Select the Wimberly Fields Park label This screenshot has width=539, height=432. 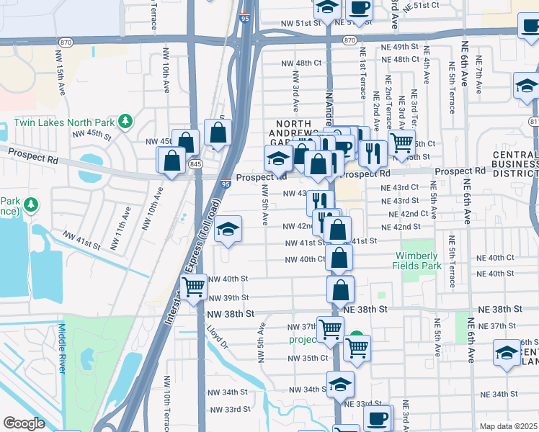tap(415, 261)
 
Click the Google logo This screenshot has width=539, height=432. tap(24, 423)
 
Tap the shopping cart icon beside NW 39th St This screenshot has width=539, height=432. tap(193, 287)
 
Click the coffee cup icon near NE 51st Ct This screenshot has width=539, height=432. tap(360, 8)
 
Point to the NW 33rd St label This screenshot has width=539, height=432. tap(228, 409)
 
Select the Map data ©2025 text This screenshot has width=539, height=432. tap(508, 426)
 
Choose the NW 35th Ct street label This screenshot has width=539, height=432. tap(308, 358)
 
